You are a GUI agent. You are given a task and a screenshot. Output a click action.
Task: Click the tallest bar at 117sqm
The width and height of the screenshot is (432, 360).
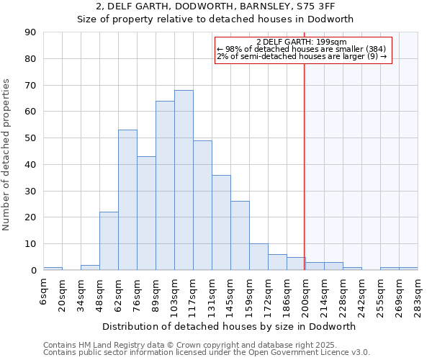click(184, 180)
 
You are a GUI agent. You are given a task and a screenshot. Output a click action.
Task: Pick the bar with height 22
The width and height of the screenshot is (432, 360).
click(109, 241)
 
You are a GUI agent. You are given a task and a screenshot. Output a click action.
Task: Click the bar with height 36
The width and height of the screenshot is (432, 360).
click(221, 222)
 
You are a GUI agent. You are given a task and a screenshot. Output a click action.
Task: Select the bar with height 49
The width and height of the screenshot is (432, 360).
click(202, 205)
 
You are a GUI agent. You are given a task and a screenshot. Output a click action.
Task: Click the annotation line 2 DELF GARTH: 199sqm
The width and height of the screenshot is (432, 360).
click(302, 42)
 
